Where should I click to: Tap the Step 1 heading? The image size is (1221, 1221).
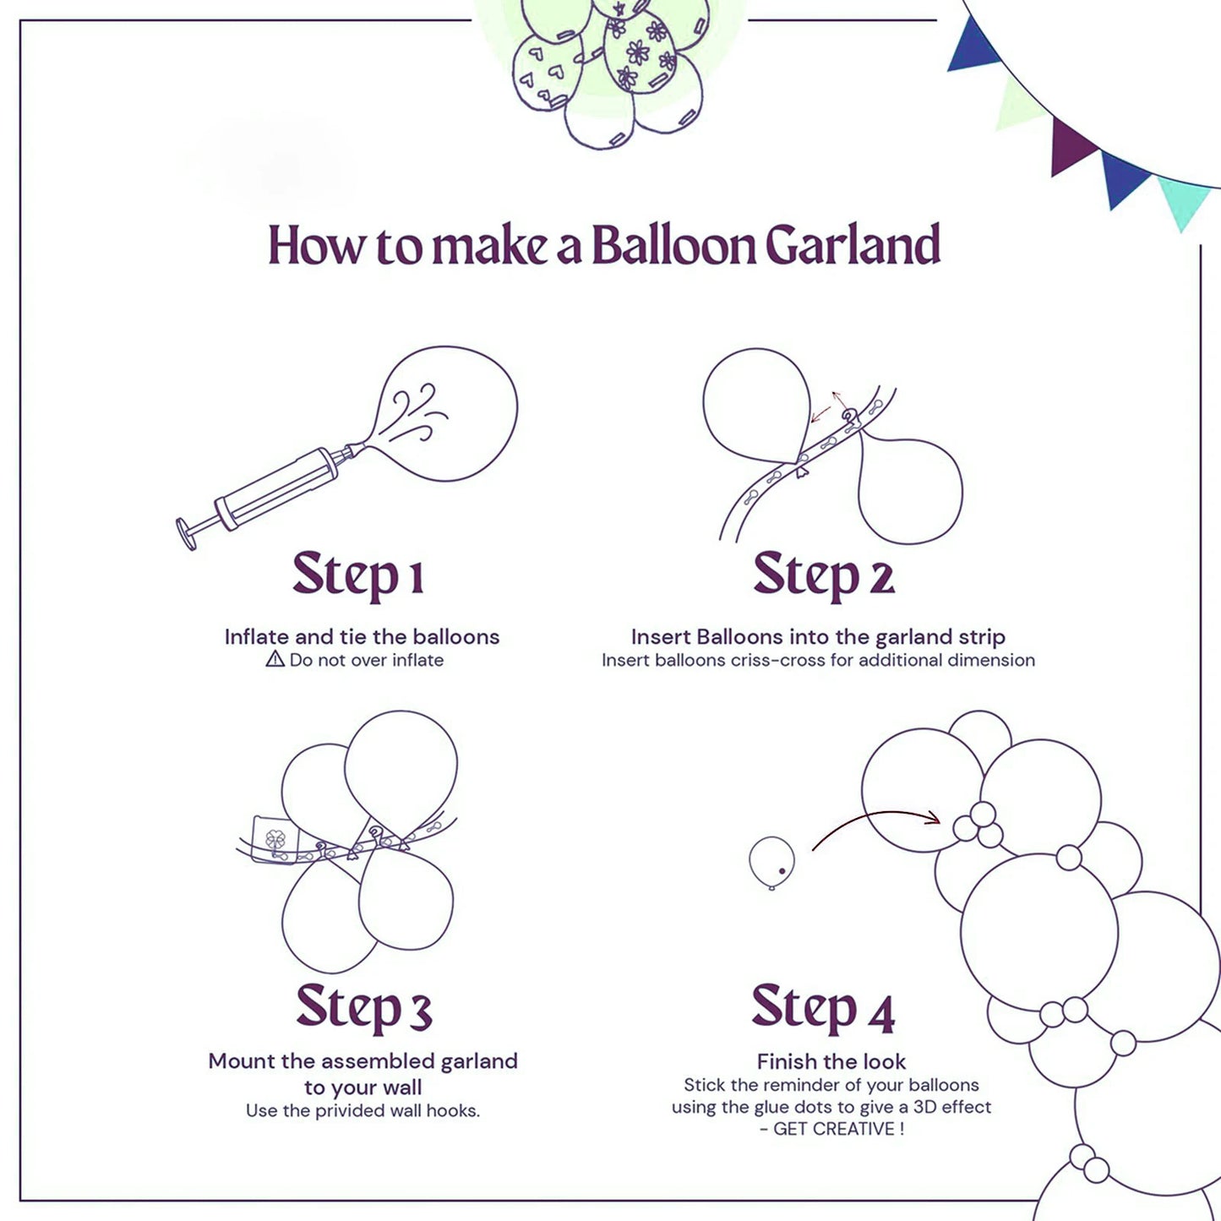[357, 576]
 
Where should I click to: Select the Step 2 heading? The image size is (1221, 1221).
[823, 576]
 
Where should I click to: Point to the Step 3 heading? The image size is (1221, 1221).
[363, 1007]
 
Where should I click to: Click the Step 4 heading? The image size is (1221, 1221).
[822, 1007]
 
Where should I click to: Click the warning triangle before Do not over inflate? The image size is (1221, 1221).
[275, 660]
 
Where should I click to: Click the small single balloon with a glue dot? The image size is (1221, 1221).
[771, 862]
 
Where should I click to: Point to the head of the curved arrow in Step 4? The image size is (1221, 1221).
[934, 818]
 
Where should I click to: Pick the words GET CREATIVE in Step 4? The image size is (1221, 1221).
[834, 1130]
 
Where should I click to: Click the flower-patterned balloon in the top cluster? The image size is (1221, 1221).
[640, 55]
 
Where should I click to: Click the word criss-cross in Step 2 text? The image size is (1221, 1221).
[777, 661]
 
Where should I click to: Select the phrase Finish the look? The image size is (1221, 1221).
[831, 1061]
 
